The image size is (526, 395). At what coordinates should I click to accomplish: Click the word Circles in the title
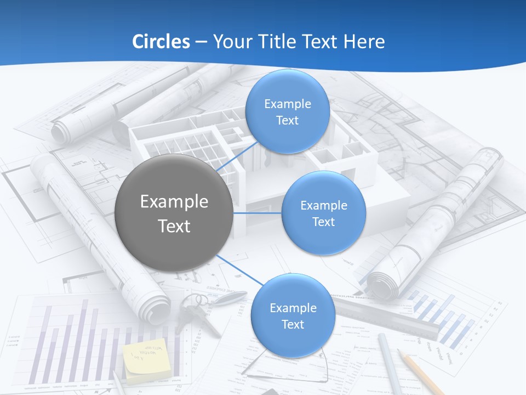[161, 42]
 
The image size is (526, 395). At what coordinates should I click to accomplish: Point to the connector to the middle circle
[258, 213]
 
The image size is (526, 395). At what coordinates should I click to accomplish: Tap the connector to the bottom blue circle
[240, 270]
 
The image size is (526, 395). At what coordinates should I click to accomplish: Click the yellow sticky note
[146, 359]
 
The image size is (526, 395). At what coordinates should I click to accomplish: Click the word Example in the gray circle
[174, 202]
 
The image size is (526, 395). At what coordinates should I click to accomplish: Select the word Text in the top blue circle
[287, 121]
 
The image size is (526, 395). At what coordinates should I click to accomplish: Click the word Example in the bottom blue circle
[293, 308]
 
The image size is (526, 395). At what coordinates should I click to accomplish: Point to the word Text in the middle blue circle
[323, 222]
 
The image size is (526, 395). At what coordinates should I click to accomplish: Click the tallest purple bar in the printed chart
[84, 340]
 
